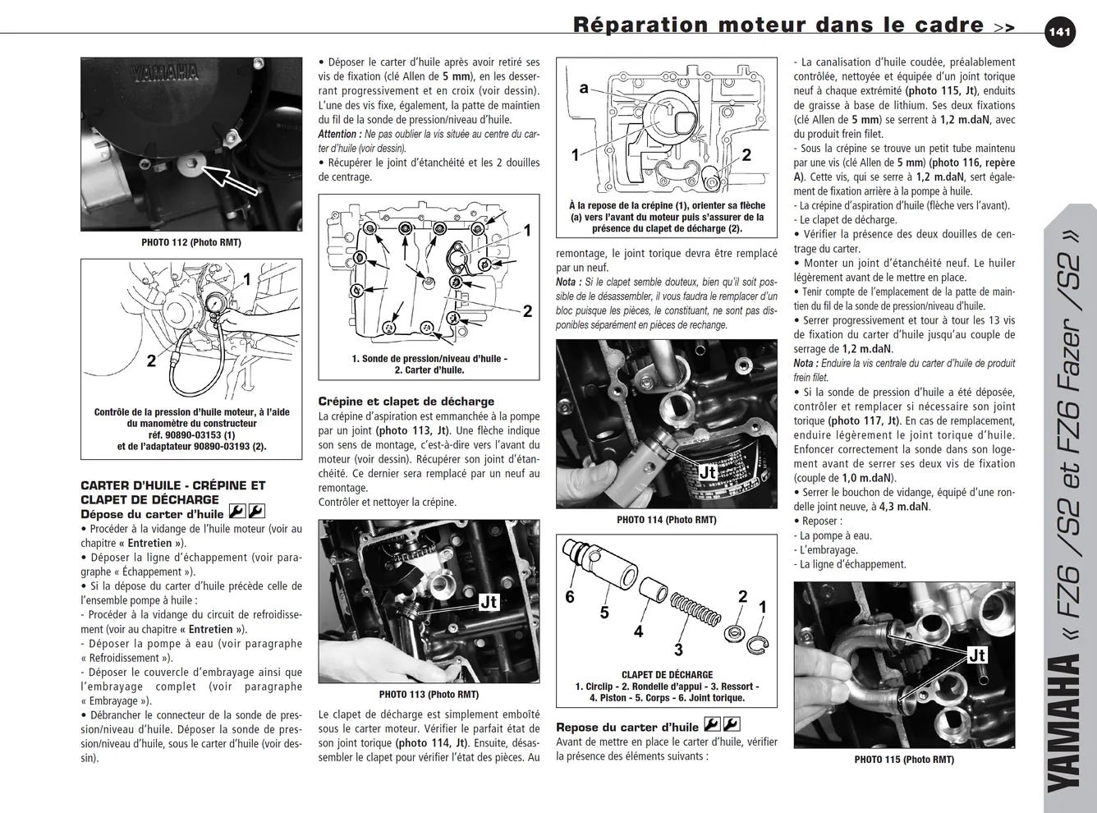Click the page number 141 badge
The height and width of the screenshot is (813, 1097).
point(1060,32)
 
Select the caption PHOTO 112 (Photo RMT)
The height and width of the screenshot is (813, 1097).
point(191,242)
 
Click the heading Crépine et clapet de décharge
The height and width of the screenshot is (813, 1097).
point(406,402)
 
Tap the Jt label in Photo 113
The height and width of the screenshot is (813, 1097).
point(489,602)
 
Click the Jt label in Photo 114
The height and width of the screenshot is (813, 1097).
point(708,472)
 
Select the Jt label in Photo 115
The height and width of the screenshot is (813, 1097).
point(977,655)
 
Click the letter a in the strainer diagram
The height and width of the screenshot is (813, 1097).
point(584,88)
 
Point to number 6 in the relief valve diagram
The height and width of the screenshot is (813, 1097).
point(570,597)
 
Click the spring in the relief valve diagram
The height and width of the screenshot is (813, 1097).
point(695,609)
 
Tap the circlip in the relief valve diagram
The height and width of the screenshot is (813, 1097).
point(757,643)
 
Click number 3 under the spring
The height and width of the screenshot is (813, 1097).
point(678,650)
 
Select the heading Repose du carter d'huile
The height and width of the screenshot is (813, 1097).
point(627,728)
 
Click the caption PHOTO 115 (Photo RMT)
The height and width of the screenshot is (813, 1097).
point(904,760)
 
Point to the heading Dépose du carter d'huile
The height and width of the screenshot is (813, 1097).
point(153,515)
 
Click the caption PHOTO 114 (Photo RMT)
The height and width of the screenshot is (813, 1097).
point(666,520)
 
